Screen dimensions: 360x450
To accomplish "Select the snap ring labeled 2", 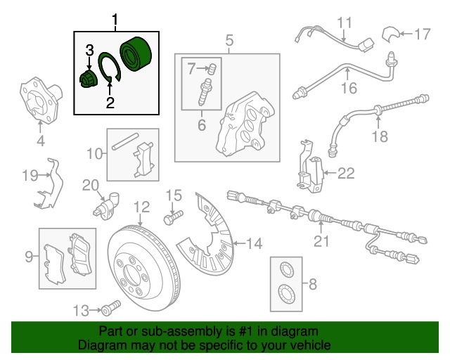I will [110, 71].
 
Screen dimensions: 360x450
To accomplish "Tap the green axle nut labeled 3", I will [88, 79].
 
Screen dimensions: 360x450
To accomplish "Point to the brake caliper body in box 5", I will [243, 123].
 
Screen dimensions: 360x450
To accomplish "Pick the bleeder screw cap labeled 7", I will [210, 67].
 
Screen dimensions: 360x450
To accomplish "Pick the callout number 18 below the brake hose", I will [379, 136].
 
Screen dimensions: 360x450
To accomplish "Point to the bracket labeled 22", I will [310, 169].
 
